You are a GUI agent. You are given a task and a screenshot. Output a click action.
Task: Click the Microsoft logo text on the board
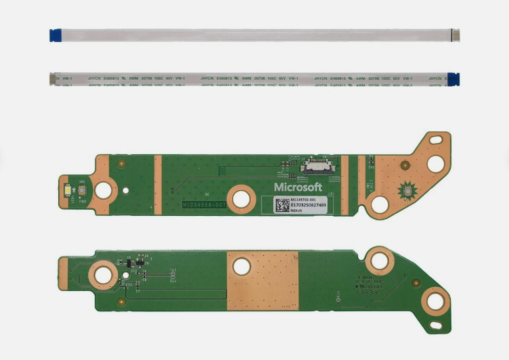(x=298, y=186)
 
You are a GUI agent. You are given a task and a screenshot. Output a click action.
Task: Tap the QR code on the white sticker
(x=282, y=204)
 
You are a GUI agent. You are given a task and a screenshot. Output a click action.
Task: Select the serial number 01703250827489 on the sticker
(x=308, y=205)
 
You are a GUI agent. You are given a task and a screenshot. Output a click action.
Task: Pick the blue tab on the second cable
(x=453, y=79)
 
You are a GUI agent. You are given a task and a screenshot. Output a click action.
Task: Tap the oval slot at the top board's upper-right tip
(x=436, y=163)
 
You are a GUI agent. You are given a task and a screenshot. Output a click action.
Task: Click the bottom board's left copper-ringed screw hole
(x=103, y=275)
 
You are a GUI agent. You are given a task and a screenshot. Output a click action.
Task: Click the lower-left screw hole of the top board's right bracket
(x=380, y=202)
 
